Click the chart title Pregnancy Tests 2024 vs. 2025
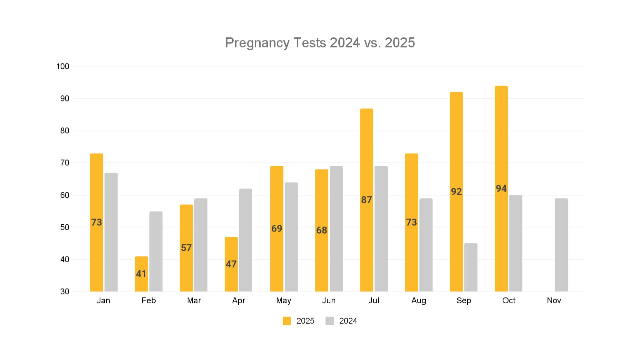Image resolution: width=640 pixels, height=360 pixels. [320, 43]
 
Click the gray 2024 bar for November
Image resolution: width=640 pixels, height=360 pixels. [561, 245]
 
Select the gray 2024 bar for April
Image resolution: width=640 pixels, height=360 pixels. [246, 240]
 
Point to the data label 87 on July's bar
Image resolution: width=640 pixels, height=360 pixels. [366, 200]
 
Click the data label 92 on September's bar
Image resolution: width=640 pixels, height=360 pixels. [456, 192]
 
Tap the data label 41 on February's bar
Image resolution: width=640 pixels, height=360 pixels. [141, 274]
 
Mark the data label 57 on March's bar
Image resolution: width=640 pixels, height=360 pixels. [186, 248]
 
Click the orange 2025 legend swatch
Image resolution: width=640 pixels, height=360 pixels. [287, 321]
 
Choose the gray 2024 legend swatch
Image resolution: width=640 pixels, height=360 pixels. [330, 321]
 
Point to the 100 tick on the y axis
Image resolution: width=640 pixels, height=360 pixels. [63, 67]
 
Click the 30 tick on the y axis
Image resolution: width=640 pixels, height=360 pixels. [65, 292]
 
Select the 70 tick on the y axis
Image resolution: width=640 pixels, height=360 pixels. [65, 163]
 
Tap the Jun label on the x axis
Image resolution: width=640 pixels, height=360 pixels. [329, 301]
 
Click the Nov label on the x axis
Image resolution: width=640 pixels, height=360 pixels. [554, 301]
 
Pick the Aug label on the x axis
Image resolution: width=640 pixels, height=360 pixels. [419, 301]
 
